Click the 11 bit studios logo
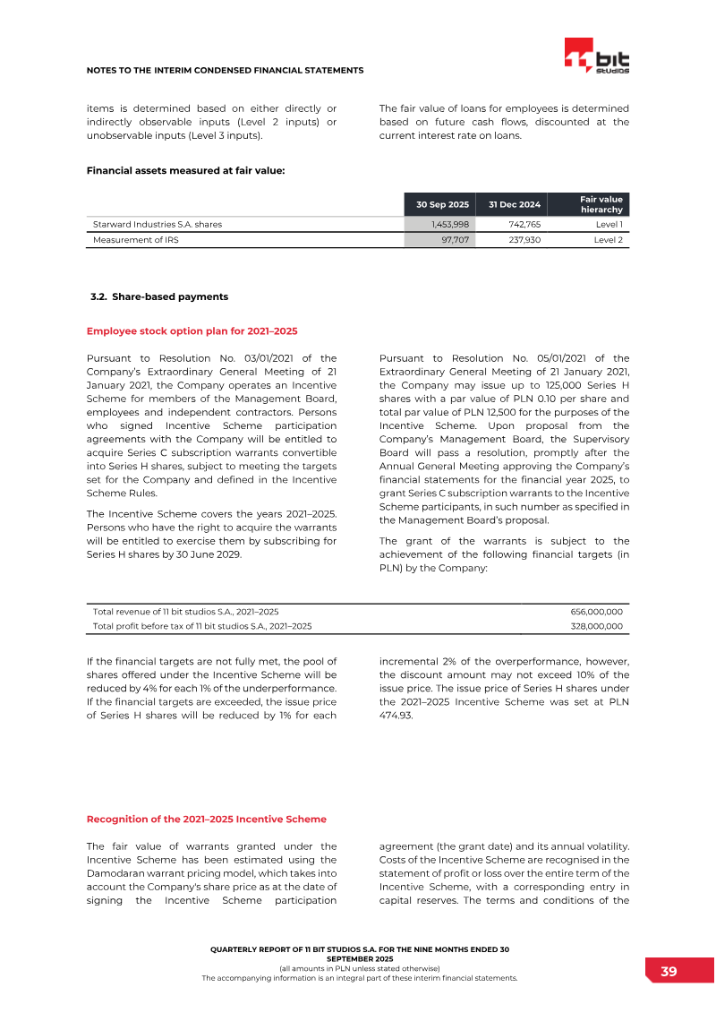point(596,56)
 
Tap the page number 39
point(669,972)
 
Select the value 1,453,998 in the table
point(445,224)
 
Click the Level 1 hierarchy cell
point(609,224)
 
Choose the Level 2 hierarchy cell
point(609,240)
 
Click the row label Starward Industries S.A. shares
point(158,224)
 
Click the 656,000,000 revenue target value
point(596,611)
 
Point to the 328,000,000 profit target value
point(596,627)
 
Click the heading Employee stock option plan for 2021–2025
point(192,331)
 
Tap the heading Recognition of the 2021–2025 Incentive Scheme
point(206,819)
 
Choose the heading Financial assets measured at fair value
point(185,170)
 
